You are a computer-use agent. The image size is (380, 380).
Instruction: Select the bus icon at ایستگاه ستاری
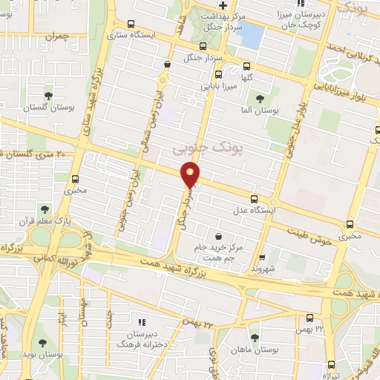click(131, 24)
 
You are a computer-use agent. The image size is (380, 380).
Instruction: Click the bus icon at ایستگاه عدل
click(253, 198)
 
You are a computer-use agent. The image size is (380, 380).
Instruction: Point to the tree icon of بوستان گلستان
click(48, 96)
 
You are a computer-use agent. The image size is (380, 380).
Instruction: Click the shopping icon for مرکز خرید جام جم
click(219, 235)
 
